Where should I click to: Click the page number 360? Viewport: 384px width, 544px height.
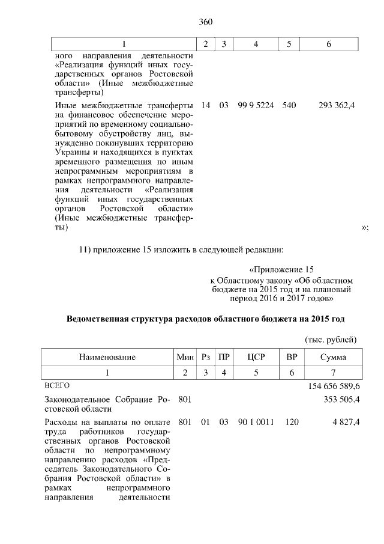click(x=206, y=22)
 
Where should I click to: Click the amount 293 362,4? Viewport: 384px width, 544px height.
click(x=337, y=105)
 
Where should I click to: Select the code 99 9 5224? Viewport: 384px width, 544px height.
click(x=256, y=105)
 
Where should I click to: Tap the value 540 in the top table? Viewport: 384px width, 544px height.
click(x=289, y=105)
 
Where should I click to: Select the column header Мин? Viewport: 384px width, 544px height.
click(x=185, y=357)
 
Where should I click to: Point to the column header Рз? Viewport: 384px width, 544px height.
click(x=205, y=357)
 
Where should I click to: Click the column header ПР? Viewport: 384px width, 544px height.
click(x=224, y=357)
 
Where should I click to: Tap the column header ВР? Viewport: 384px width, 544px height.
click(x=292, y=357)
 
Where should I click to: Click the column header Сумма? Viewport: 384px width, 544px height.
click(x=332, y=357)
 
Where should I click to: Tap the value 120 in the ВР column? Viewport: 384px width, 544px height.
click(x=292, y=423)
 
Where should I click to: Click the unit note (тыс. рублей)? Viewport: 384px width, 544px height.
click(x=332, y=338)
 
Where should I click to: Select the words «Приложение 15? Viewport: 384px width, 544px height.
click(x=281, y=270)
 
